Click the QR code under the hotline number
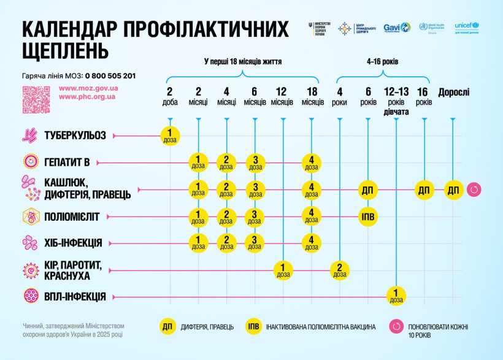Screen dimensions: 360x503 (x=36, y=99)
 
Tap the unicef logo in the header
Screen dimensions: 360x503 (x=470, y=28)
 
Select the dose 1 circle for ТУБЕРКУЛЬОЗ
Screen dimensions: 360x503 (x=171, y=136)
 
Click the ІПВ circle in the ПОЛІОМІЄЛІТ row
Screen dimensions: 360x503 (x=367, y=216)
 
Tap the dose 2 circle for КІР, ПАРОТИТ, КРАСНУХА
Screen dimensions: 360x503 (x=339, y=270)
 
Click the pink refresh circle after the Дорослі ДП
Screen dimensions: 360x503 (x=474, y=190)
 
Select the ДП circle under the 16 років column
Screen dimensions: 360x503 (x=424, y=190)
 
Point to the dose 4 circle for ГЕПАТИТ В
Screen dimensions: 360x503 (x=312, y=163)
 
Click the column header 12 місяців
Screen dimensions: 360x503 (x=282, y=96)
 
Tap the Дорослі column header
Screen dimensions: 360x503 (x=453, y=93)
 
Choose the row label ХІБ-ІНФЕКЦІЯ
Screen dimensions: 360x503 (x=73, y=243)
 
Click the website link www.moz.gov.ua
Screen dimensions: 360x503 (x=88, y=88)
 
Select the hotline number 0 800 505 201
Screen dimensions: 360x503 (x=110, y=76)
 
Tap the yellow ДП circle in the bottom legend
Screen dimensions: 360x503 (x=167, y=326)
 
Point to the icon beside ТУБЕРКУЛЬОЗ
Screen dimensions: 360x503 (x=30, y=136)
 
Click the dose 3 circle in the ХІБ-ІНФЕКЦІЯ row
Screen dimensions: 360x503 (x=255, y=243)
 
